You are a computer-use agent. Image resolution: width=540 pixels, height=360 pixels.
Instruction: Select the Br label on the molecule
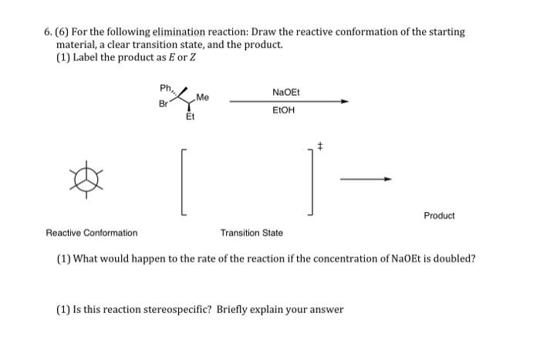tap(163, 103)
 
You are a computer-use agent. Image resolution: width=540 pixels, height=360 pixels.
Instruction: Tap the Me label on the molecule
tap(203, 97)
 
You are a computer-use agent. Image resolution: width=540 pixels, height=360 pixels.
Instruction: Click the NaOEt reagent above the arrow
tap(286, 93)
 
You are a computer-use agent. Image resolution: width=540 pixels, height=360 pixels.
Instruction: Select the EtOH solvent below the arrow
tap(286, 110)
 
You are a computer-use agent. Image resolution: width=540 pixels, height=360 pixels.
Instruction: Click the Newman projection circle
tap(86, 178)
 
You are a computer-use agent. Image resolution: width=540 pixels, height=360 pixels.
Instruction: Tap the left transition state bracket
tap(183, 180)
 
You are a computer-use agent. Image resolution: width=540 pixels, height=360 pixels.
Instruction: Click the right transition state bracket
tap(312, 180)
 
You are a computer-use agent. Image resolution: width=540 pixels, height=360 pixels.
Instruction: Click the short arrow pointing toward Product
tap(366, 179)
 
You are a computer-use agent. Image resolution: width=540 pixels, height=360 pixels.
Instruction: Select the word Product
tap(439, 216)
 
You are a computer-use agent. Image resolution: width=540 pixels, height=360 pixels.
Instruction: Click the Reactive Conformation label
tap(92, 233)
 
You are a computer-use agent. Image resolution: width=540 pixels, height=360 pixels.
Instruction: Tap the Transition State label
tap(251, 233)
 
